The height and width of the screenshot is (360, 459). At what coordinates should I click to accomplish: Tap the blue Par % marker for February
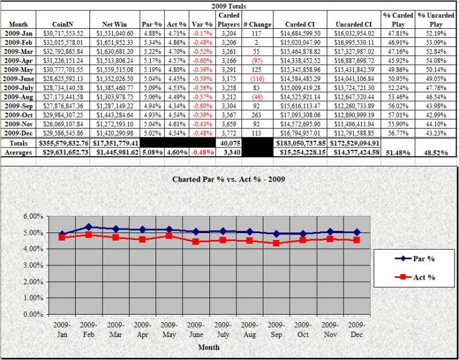click(87, 227)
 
